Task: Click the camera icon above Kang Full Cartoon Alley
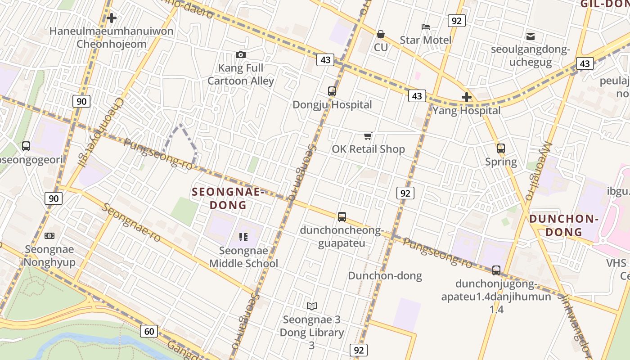pyautogui.click(x=241, y=54)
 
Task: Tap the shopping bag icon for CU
pyautogui.click(x=381, y=34)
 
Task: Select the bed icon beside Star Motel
pyautogui.click(x=426, y=27)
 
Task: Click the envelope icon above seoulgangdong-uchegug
pyautogui.click(x=531, y=36)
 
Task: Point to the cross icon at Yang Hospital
pyautogui.click(x=467, y=97)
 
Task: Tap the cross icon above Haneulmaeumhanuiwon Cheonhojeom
pyautogui.click(x=112, y=18)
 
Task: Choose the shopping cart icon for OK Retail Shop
pyautogui.click(x=368, y=136)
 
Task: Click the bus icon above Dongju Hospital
pyautogui.click(x=332, y=91)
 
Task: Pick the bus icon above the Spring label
pyautogui.click(x=501, y=148)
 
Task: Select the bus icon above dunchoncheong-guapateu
pyautogui.click(x=342, y=217)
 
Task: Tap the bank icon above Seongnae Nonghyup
pyautogui.click(x=49, y=235)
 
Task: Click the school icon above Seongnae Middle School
pyautogui.click(x=243, y=237)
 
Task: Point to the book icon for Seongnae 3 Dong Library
pyautogui.click(x=312, y=306)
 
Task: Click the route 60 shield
pyautogui.click(x=149, y=332)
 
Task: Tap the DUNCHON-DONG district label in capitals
pyautogui.click(x=564, y=225)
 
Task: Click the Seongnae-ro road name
pyautogui.click(x=131, y=223)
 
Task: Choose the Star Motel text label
pyautogui.click(x=426, y=40)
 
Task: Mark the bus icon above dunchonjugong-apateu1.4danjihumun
pyautogui.click(x=496, y=270)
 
